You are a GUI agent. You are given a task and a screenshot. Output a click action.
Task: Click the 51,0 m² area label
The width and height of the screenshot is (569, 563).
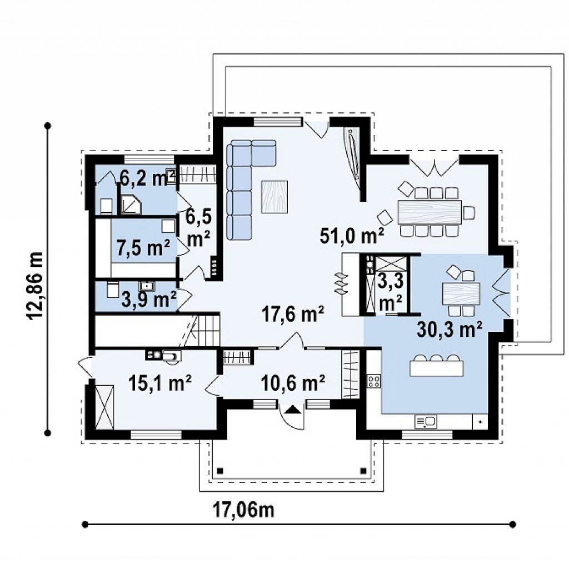pos(351,236)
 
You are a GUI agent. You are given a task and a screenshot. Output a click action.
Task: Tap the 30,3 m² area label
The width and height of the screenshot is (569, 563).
pos(450,330)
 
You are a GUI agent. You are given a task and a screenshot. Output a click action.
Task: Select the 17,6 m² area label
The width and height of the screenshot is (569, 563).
pos(293,315)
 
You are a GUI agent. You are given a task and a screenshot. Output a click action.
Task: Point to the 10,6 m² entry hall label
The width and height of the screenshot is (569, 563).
pos(293,383)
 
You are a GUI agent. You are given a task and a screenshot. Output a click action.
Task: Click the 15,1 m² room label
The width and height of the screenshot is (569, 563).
pos(160,383)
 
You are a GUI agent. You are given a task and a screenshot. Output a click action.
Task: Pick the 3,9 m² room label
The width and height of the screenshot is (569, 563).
pos(149,300)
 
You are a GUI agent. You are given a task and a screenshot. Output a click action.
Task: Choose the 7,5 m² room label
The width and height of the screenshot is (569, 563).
pos(143,248)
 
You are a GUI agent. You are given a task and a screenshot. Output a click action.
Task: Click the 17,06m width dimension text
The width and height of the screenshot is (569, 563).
pos(243,510)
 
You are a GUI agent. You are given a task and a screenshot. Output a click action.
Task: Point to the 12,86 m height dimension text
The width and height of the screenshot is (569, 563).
pos(36,285)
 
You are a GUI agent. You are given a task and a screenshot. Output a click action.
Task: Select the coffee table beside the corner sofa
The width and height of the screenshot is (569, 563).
pos(274,196)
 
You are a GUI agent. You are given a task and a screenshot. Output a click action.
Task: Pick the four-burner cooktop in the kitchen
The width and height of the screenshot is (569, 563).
pos(374,381)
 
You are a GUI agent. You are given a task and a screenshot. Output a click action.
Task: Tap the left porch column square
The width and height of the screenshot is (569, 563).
pos(219,471)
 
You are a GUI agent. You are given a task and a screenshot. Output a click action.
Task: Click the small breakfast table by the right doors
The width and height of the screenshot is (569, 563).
pos(461,293)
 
